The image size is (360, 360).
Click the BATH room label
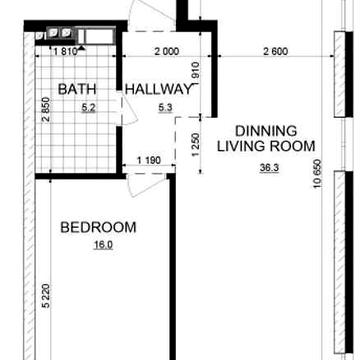point(77,89)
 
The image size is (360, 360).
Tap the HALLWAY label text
point(158,89)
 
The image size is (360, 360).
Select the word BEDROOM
point(98,227)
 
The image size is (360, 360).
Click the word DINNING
point(266,131)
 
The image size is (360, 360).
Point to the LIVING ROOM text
point(266,146)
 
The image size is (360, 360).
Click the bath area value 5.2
point(89,108)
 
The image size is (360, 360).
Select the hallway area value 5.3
point(166,108)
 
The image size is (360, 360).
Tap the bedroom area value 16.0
point(103,246)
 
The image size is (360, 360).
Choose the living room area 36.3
point(269,168)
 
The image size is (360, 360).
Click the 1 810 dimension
point(65,52)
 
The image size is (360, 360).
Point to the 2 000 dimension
point(167,52)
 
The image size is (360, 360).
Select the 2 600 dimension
point(275,52)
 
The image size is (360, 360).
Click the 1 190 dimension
point(149,160)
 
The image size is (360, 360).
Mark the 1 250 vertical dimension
point(195,145)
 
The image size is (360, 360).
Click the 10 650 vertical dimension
point(317,174)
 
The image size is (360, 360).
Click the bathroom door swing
point(129,110)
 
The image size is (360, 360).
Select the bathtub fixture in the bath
point(97,36)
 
